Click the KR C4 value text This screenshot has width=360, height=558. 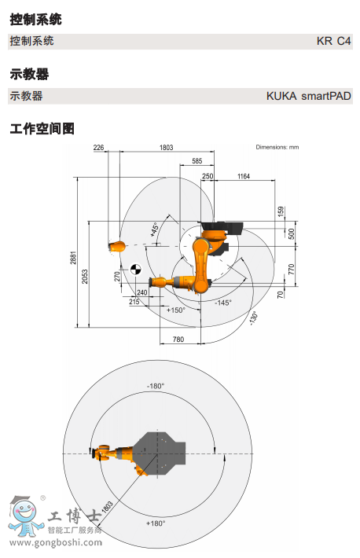point(333,42)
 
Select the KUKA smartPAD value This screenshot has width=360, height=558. point(309,96)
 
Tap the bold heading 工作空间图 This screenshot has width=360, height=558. point(42,128)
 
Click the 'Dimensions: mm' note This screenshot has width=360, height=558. point(277,147)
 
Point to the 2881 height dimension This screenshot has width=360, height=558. point(73,258)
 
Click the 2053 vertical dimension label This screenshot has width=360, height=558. point(85,277)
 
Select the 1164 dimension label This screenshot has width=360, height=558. point(244,176)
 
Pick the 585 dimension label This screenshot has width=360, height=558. point(197,161)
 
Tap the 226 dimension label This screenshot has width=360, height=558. point(98,147)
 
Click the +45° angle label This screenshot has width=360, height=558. point(154,229)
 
